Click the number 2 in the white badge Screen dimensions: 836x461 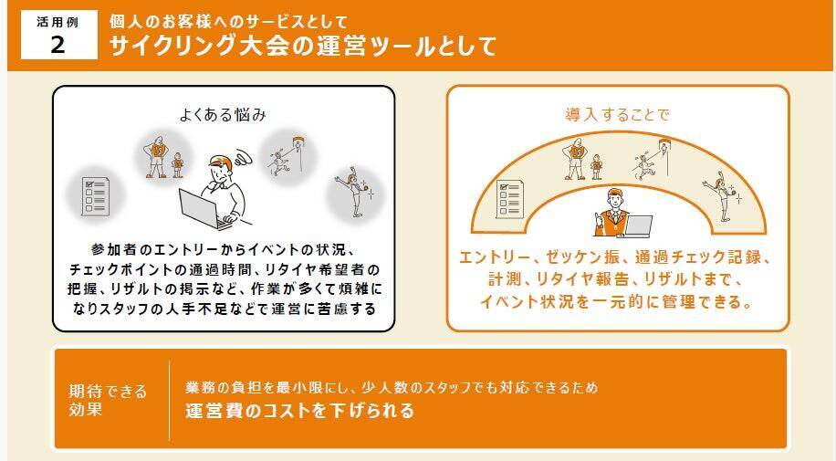coord(58,45)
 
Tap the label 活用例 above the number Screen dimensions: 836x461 coord(57,22)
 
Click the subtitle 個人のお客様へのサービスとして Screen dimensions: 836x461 coord(228,22)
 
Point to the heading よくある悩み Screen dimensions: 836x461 coord(223,115)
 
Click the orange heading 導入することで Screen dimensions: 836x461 coord(617,115)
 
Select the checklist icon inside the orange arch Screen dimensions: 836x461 coord(509,199)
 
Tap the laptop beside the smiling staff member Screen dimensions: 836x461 coord(638,225)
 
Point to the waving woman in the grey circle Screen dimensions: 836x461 coord(354,192)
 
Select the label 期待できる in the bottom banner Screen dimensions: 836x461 coord(107,392)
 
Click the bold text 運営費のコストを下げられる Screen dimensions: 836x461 coord(299,410)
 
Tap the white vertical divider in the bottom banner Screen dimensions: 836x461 coord(170,400)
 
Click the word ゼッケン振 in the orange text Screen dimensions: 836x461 coord(582,257)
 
